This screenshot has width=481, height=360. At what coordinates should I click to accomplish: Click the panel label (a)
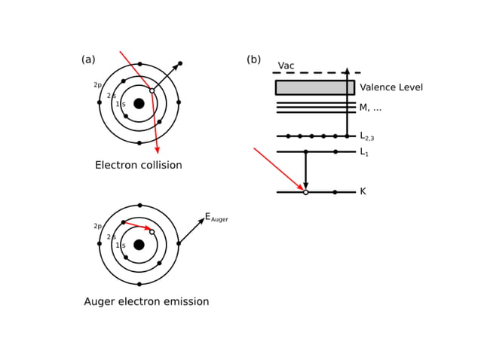[88, 59]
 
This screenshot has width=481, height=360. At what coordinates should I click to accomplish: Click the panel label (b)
[253, 59]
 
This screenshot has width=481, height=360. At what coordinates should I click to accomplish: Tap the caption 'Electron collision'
[138, 165]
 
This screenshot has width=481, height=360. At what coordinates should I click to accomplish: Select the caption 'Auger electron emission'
[146, 301]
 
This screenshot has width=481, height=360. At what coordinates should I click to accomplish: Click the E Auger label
[216, 217]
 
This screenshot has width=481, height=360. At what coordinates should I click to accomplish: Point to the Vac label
[286, 66]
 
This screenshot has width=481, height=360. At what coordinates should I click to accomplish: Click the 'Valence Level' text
[391, 87]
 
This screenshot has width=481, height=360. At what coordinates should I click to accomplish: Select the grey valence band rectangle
[314, 87]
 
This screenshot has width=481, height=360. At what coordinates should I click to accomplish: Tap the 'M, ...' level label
[370, 108]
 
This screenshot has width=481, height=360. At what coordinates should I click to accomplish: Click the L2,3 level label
[366, 136]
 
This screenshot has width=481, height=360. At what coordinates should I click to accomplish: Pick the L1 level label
[364, 152]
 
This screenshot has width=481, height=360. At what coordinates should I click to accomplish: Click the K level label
[363, 192]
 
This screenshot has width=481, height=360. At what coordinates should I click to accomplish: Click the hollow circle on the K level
[305, 192]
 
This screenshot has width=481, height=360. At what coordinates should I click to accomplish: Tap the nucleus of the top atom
[139, 103]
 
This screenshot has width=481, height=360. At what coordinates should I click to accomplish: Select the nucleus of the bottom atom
[139, 245]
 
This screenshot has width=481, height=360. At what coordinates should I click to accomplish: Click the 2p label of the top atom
[97, 85]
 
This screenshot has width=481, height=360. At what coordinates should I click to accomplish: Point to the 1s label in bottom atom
[120, 246]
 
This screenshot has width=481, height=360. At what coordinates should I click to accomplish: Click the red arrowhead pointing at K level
[301, 188]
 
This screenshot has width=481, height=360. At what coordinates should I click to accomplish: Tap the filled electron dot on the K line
[335, 192]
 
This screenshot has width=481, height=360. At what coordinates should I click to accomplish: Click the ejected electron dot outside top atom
[179, 63]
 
